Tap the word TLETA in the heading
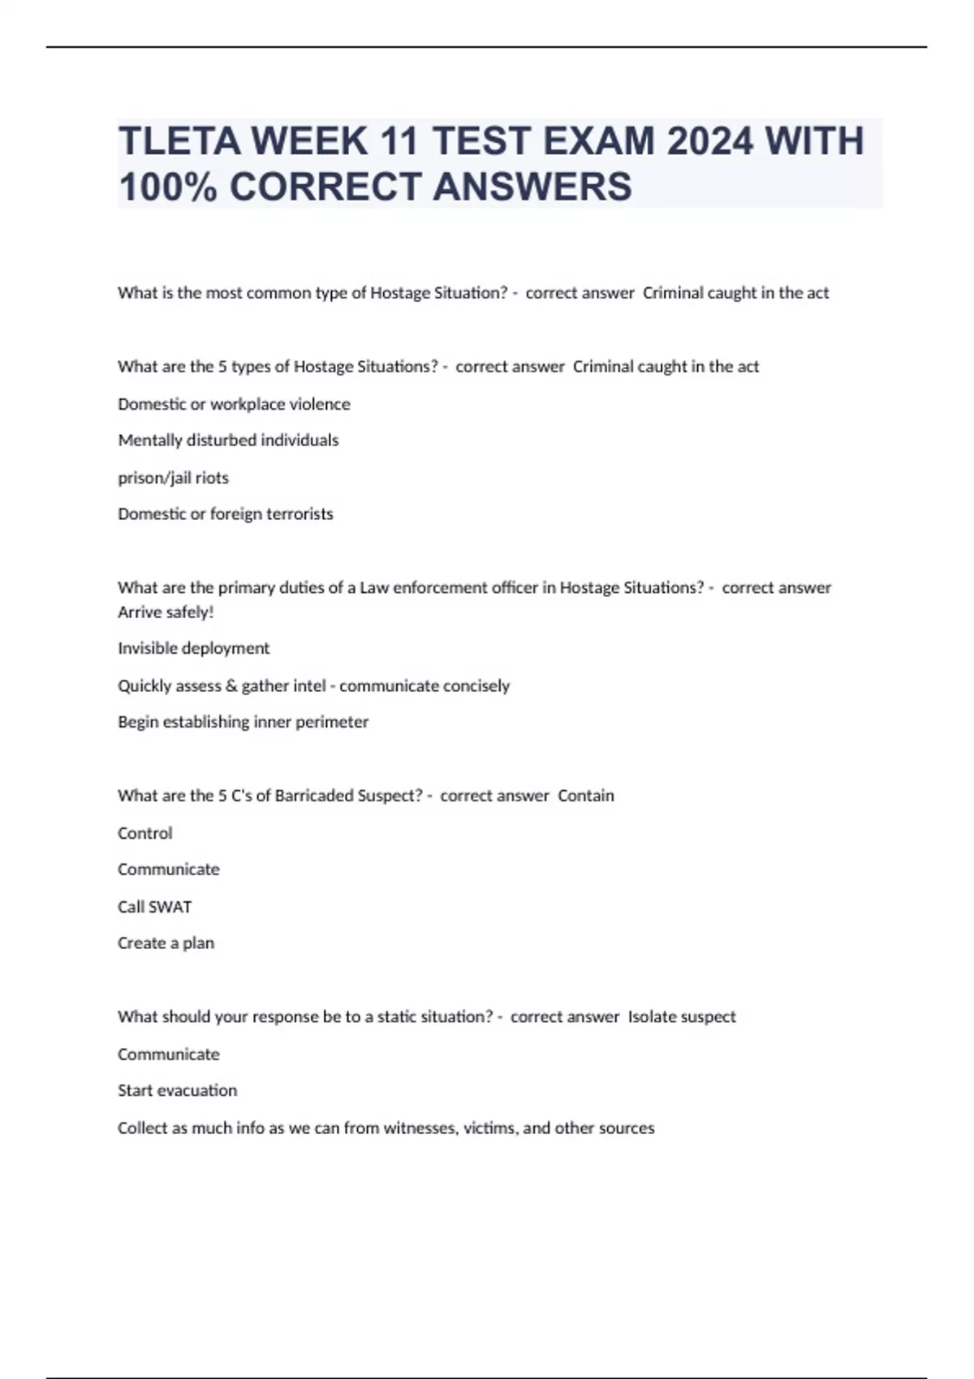click(x=180, y=142)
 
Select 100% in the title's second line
click(x=167, y=187)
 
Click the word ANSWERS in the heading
click(x=532, y=187)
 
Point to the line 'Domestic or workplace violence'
click(x=234, y=404)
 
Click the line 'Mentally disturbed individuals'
click(x=228, y=440)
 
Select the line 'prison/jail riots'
click(x=173, y=478)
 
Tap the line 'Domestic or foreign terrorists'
click(x=226, y=514)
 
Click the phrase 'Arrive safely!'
click(x=166, y=612)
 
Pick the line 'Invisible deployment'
click(x=193, y=648)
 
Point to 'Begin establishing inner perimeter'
click(x=243, y=722)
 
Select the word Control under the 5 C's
click(x=145, y=833)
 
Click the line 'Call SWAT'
click(x=154, y=907)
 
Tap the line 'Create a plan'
click(x=166, y=943)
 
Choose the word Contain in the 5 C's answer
click(x=586, y=796)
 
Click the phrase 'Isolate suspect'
click(x=682, y=1017)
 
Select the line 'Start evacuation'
click(x=177, y=1091)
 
